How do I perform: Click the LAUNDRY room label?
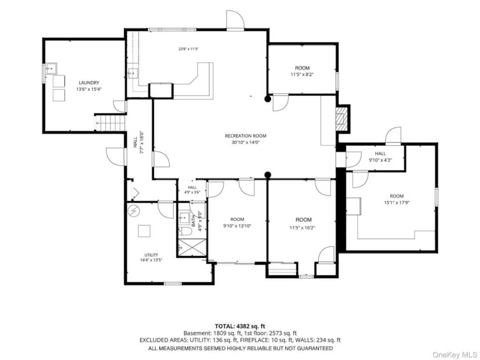[89, 82]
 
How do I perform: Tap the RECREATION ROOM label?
[246, 136]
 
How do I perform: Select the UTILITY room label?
[151, 255]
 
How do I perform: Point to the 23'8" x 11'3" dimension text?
[188, 49]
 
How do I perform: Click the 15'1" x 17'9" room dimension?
[397, 202]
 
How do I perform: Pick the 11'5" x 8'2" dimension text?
[302, 75]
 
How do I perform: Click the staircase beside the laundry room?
[111, 122]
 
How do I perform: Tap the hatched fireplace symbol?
[342, 118]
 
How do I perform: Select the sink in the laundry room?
[51, 68]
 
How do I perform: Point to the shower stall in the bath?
[192, 247]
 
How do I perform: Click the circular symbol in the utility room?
[134, 210]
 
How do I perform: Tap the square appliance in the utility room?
[144, 231]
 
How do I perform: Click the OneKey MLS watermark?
[455, 355]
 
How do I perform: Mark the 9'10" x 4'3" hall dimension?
[380, 160]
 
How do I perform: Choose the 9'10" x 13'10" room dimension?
[237, 226]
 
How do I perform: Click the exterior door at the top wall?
[235, 20]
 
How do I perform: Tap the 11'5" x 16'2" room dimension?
[302, 228]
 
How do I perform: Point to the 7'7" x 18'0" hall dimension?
[142, 142]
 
